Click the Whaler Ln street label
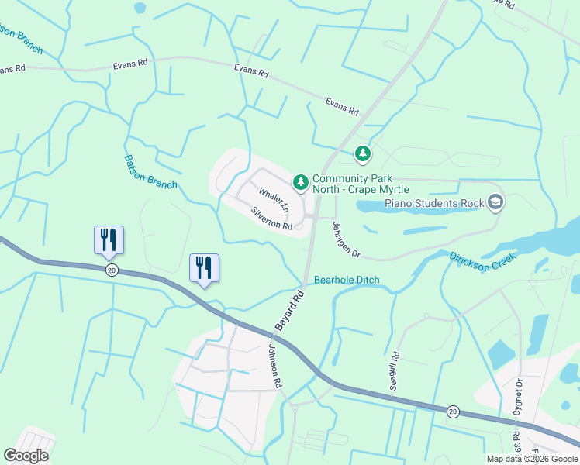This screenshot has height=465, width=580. pyautogui.click(x=274, y=201)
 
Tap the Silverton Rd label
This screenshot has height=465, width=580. pyautogui.click(x=271, y=219)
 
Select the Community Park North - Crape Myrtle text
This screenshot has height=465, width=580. pyautogui.click(x=360, y=184)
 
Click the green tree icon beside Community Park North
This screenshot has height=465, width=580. pyautogui.click(x=300, y=182)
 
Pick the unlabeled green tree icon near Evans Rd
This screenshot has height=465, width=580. pyautogui.click(x=362, y=154)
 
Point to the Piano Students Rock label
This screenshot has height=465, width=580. pyautogui.click(x=433, y=204)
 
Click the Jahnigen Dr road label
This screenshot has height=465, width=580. pyautogui.click(x=347, y=240)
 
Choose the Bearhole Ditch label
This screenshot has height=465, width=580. pyautogui.click(x=347, y=280)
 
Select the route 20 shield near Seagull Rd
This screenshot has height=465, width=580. pyautogui.click(x=453, y=410)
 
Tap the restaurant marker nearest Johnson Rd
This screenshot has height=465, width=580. pyautogui.click(x=204, y=268)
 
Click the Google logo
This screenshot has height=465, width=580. pyautogui.click(x=26, y=456)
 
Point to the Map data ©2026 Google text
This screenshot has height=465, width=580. pyautogui.click(x=532, y=459)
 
